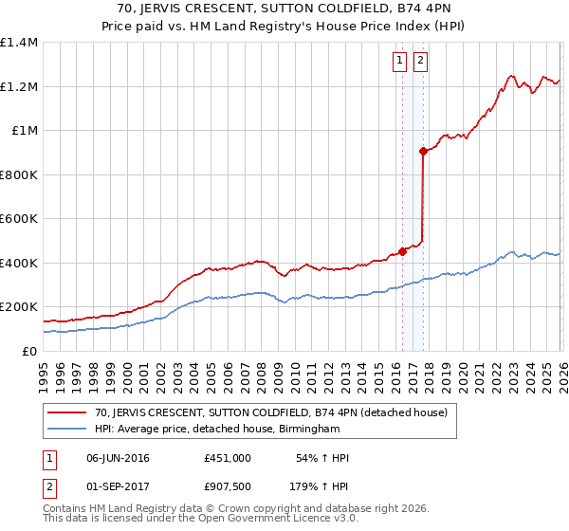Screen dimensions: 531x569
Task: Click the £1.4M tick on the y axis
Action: coord(19,43)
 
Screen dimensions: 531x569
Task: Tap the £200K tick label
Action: coord(19,307)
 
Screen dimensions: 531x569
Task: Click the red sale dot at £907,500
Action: coord(423,151)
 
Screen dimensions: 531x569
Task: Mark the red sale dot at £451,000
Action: coord(402,251)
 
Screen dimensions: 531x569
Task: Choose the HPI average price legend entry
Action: coord(217,429)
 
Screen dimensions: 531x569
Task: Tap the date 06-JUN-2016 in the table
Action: coord(118,458)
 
